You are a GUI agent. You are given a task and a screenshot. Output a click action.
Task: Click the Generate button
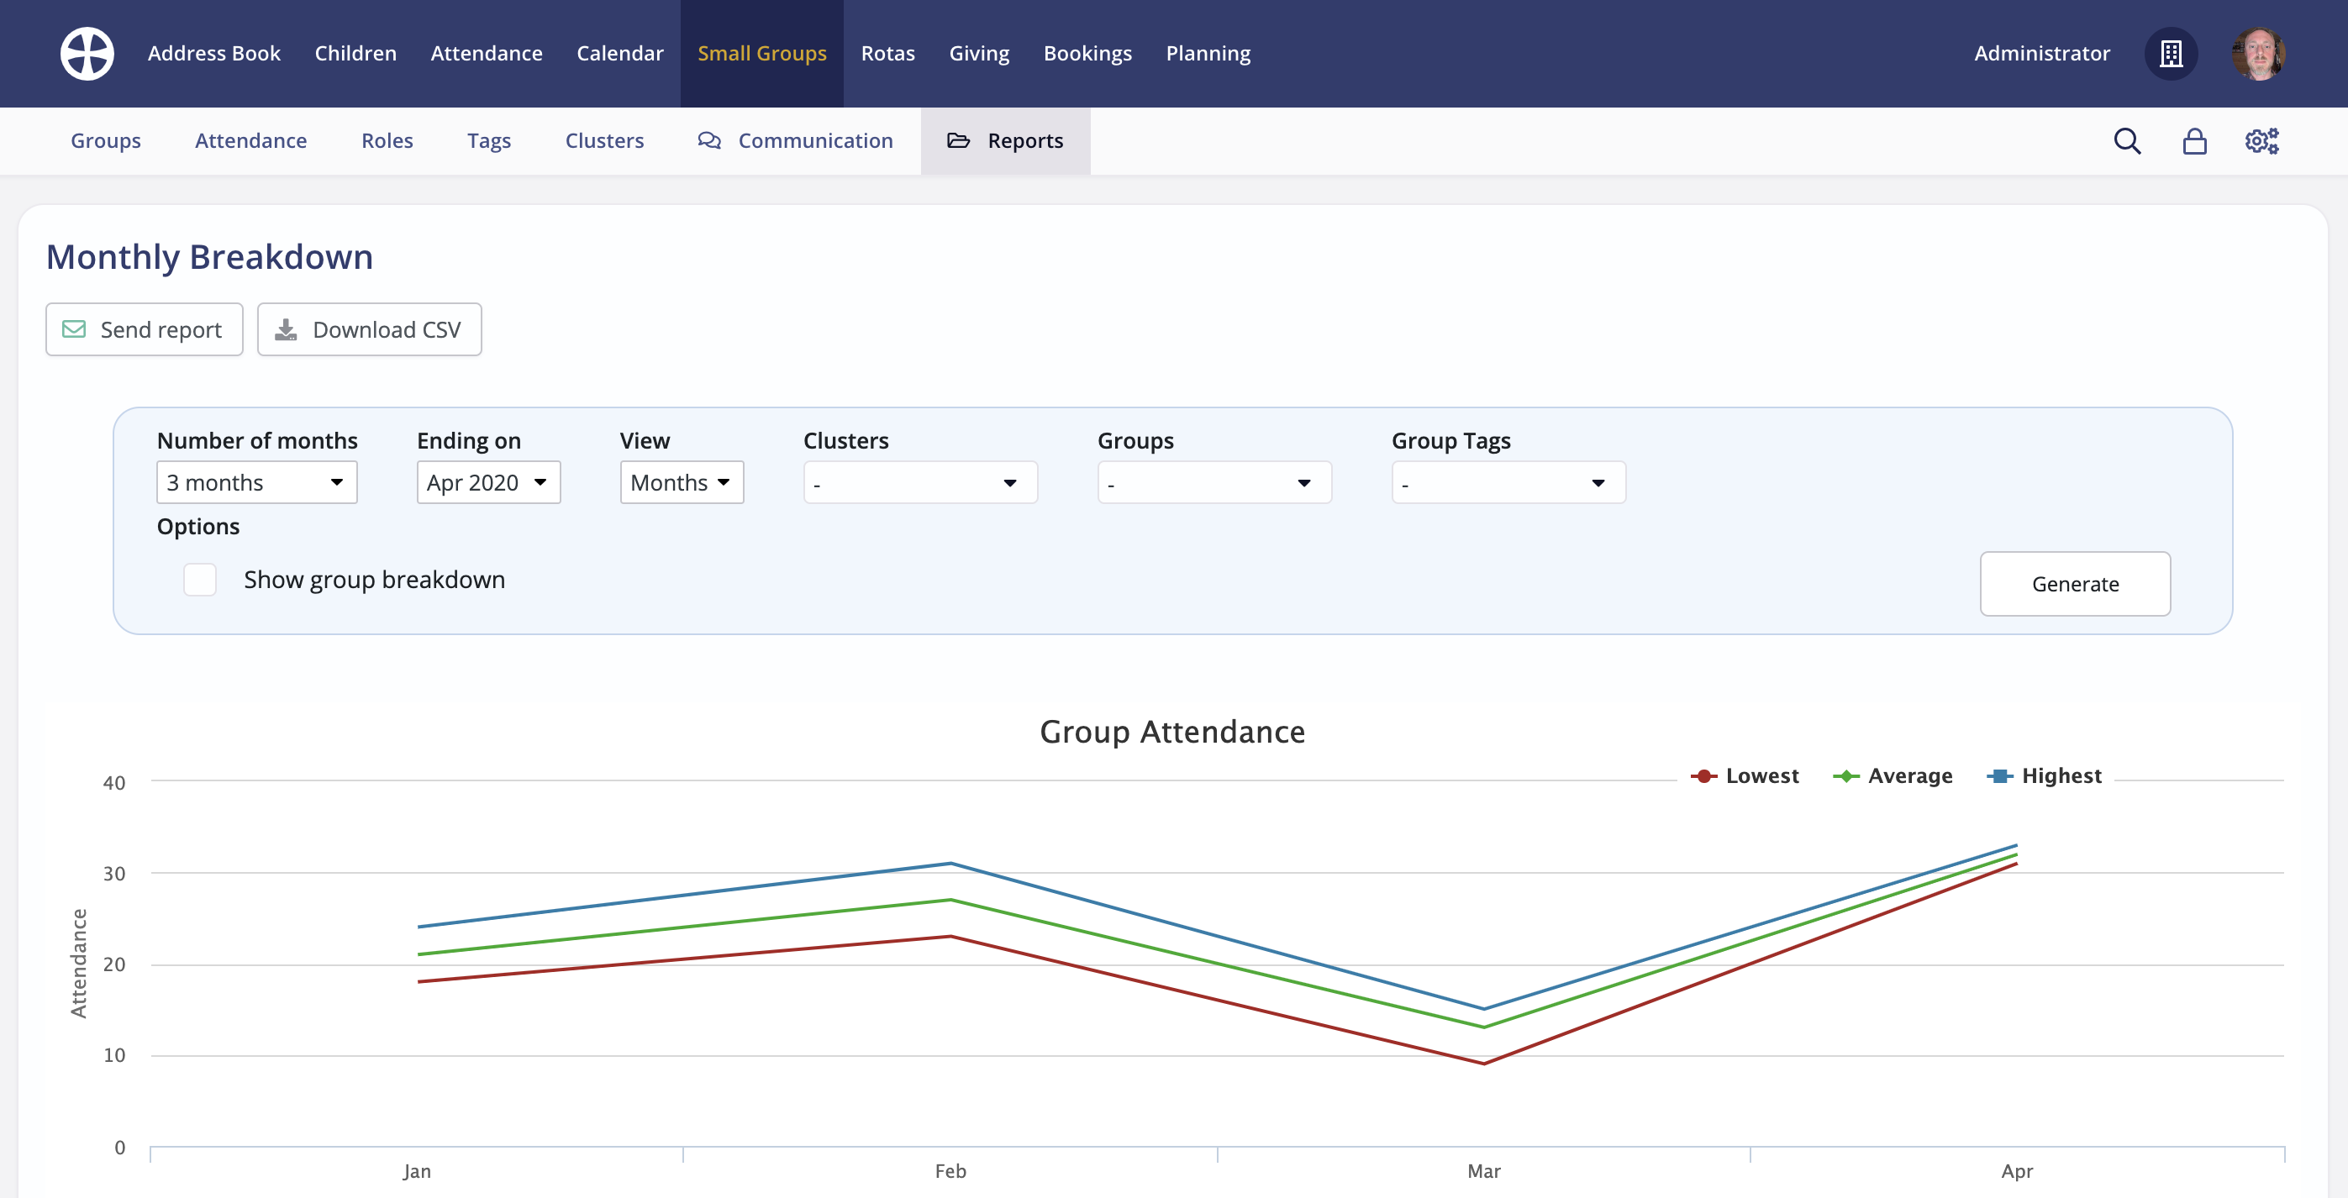(2075, 584)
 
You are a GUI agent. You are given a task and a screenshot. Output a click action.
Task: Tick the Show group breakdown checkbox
(200, 580)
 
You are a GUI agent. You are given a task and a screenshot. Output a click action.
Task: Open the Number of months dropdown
(256, 482)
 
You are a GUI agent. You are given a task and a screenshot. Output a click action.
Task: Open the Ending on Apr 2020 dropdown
(487, 482)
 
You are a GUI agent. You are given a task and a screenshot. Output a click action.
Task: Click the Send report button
(144, 330)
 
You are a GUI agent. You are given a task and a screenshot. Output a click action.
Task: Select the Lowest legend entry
(1745, 776)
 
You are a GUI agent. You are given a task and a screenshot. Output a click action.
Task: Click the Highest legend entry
(2045, 776)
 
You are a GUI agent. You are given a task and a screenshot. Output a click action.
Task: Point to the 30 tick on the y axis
(114, 874)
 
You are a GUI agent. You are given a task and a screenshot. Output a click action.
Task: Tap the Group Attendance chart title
(1172, 733)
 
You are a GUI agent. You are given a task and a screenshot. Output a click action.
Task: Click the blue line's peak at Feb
(950, 863)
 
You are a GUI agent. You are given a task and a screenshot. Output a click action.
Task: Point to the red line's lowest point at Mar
(1484, 1064)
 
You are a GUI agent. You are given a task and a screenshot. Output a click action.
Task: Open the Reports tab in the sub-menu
(1005, 141)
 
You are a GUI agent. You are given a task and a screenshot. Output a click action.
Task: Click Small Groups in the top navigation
(762, 54)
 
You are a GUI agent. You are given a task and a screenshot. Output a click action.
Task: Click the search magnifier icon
(2126, 141)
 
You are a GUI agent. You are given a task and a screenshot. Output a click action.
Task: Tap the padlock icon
(2194, 141)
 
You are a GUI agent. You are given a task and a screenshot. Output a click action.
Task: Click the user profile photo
(2258, 54)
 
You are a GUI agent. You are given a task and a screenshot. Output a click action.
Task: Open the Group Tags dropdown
(1508, 483)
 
